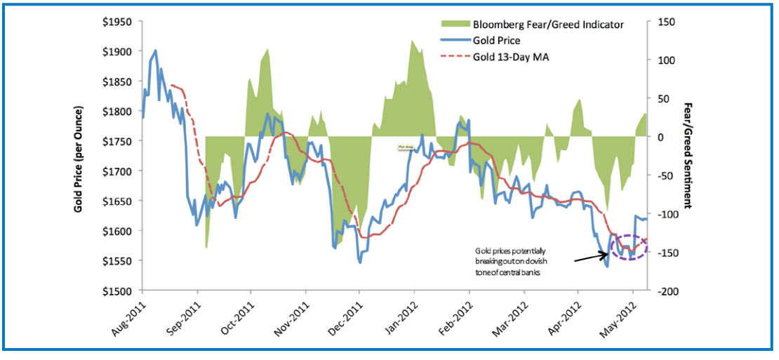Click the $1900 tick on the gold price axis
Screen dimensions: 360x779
(x=115, y=51)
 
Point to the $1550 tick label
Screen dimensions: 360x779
(x=115, y=260)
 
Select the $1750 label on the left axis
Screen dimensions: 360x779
(x=115, y=141)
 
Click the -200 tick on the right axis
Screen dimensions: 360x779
(x=663, y=291)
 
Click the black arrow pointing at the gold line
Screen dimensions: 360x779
(x=591, y=257)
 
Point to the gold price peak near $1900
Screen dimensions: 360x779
(x=155, y=51)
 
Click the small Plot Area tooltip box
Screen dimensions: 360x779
(x=405, y=147)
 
